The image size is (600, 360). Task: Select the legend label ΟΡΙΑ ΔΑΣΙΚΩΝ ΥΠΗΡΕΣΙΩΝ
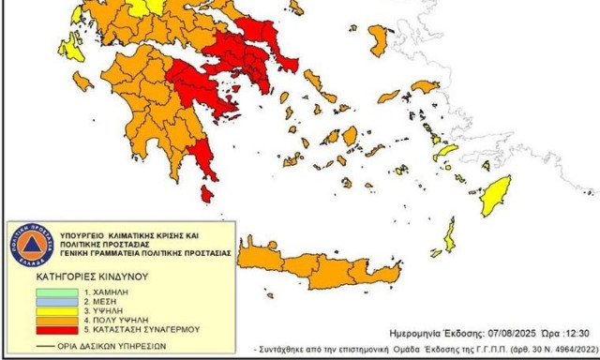pyautogui.click(x=112, y=346)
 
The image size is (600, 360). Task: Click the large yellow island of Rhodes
pyautogui.click(x=496, y=194)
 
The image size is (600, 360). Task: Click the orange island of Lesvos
pyautogui.click(x=380, y=39)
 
